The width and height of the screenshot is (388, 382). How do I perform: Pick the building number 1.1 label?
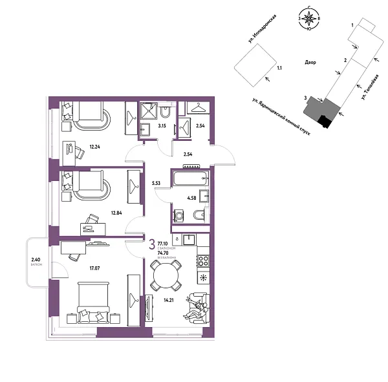(279, 67)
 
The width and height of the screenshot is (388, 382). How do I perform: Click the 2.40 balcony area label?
(36, 260)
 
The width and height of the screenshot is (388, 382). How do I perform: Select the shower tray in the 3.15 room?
(149, 111)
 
